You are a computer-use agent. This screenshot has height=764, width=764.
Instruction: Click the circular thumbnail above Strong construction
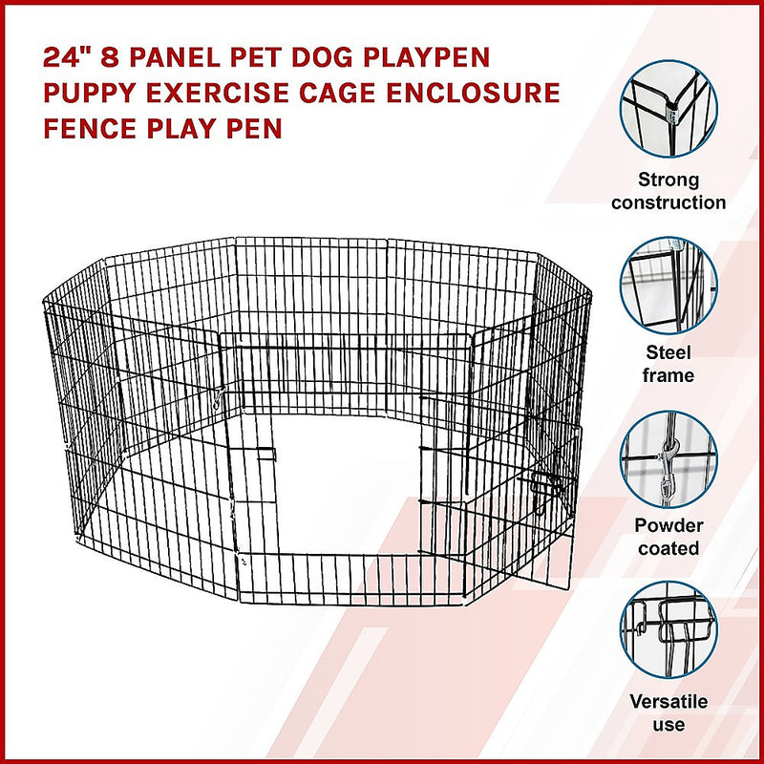pos(668,109)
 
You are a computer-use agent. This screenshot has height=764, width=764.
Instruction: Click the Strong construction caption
pos(668,191)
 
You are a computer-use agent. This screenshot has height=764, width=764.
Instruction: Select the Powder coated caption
pos(668,537)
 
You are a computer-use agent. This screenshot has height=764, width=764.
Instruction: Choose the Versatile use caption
pos(668,712)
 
